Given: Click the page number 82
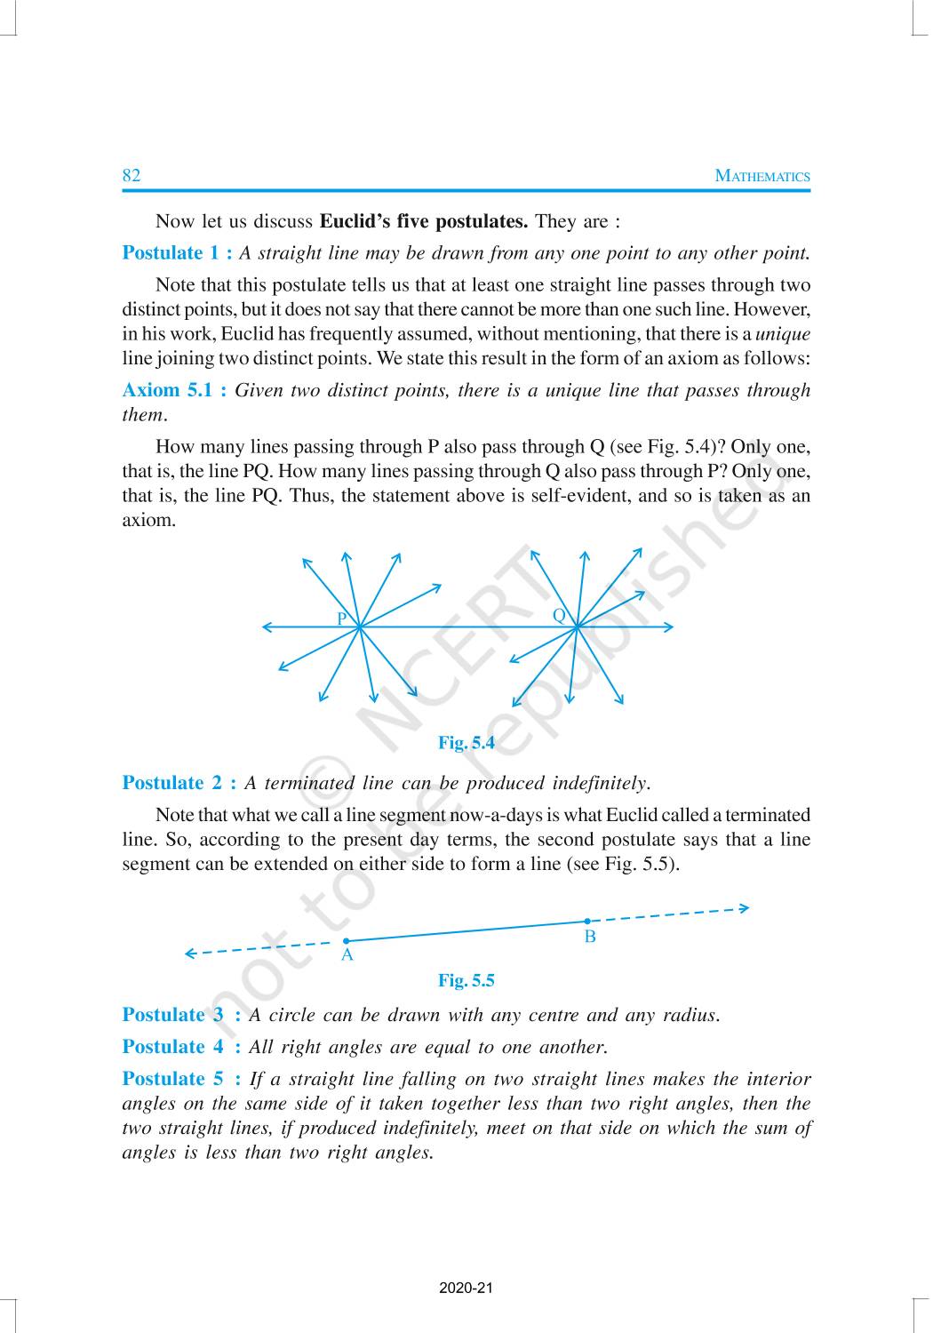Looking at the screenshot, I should [x=132, y=175].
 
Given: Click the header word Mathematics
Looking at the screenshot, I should [x=762, y=176].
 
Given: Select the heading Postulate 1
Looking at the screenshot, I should [x=177, y=253].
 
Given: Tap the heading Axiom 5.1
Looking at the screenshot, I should [x=174, y=390].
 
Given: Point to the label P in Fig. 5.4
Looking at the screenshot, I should [x=342, y=619].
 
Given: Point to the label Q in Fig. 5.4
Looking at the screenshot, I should [x=559, y=615].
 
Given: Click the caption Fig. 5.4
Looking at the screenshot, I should [x=466, y=743].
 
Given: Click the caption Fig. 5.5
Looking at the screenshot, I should [x=466, y=981].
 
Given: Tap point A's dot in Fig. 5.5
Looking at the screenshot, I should [x=347, y=940].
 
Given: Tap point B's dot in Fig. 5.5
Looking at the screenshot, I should [x=587, y=921].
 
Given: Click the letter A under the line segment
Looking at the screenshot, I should [x=347, y=956].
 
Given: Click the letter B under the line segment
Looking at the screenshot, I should [x=590, y=937].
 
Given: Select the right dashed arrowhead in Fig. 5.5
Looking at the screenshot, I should [x=745, y=907].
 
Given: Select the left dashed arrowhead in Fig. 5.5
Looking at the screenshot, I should [x=189, y=954].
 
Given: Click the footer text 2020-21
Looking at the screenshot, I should [x=466, y=1288].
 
